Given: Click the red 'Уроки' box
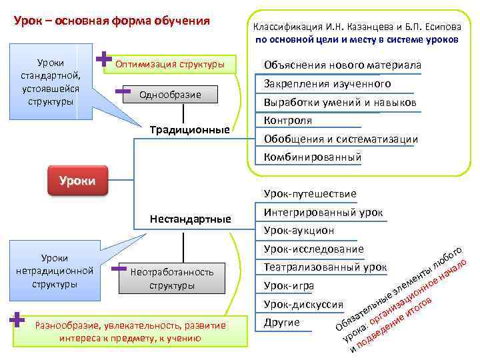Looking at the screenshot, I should (x=77, y=180).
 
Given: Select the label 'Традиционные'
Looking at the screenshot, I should (x=189, y=129).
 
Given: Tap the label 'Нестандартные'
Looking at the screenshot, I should (x=190, y=218).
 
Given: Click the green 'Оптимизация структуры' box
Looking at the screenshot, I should (x=175, y=64).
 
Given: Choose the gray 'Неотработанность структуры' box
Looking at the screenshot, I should (x=172, y=279).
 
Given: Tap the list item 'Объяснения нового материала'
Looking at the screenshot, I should (x=342, y=65).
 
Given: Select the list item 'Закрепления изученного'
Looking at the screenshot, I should (x=327, y=84).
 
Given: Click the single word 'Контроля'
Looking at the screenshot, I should (x=288, y=121).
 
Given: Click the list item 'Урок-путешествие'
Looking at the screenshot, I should (x=310, y=193).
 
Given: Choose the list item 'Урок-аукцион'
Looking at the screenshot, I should (x=299, y=230).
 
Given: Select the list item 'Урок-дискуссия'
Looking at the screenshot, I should (x=303, y=304).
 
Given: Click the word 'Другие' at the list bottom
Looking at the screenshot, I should (x=282, y=323).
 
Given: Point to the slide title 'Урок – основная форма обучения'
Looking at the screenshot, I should (x=112, y=21).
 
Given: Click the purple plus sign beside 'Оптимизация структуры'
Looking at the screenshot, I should (x=103, y=59).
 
